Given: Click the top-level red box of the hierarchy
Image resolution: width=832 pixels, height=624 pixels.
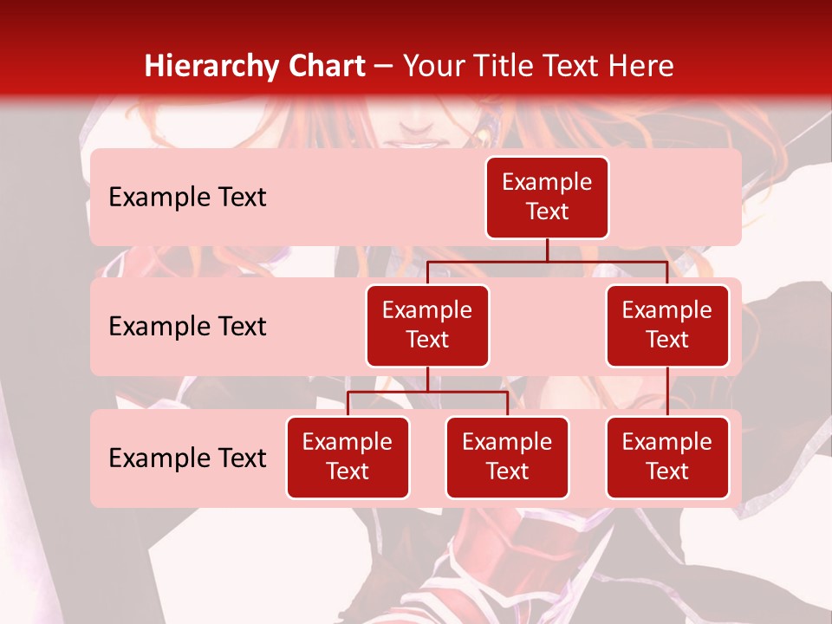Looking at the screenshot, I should point(547,198).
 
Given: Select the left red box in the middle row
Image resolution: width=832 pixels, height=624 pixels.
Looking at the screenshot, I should point(427,326).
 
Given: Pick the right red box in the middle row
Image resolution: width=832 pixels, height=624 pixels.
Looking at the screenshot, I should point(667,326).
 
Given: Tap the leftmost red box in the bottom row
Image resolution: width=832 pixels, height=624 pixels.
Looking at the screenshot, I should point(348,458).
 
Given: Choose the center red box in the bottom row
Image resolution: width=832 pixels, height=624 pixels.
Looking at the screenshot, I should point(507,458).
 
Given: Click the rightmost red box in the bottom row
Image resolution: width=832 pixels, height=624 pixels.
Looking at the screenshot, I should point(667,458).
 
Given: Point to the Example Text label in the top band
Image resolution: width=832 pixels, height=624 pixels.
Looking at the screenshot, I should point(187,198).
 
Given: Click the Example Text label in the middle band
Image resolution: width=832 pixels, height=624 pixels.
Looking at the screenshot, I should point(187,327).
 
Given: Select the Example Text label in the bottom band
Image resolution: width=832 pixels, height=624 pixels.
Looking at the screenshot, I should point(187,458).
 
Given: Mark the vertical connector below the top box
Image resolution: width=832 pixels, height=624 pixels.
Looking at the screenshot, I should point(547,250).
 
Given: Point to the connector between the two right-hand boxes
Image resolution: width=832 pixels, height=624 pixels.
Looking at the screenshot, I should point(667,392).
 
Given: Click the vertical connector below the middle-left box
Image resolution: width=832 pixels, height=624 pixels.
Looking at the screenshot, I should point(427,379).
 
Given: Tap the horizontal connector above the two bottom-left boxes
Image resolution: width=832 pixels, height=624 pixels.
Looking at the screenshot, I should point(427,392).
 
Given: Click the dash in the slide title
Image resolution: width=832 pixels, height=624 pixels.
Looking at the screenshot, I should point(384,67).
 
